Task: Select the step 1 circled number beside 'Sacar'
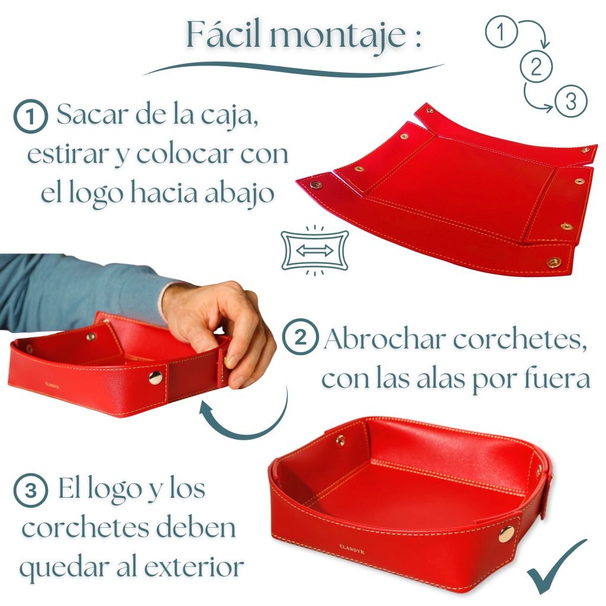coord(31,117)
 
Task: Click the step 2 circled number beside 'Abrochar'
coord(301,337)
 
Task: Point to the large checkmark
coord(556,568)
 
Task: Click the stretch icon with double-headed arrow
coord(315,250)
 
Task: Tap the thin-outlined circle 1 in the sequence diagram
coord(501,31)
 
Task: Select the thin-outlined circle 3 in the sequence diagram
coord(571,101)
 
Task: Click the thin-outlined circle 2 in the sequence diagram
coord(536,66)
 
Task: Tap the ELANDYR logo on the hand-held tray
coord(52,385)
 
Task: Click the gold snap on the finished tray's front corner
coord(507,534)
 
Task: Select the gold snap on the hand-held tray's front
coord(156,378)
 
